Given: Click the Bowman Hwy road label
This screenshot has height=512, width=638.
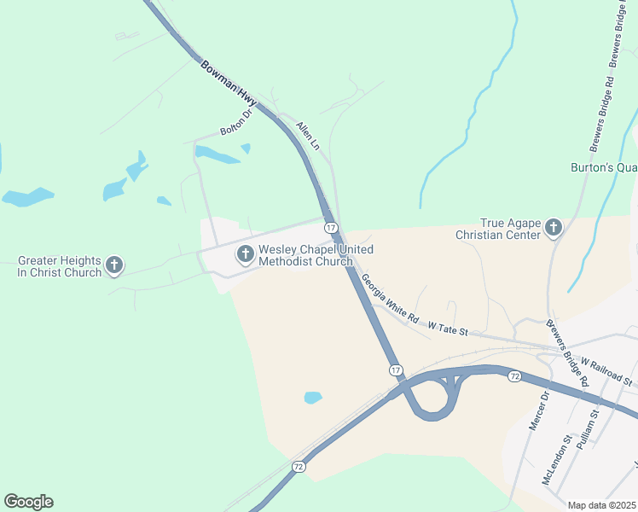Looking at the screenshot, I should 228,83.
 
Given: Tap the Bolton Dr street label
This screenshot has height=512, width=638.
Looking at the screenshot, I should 237,122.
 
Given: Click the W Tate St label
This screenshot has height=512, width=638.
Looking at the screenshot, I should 449,327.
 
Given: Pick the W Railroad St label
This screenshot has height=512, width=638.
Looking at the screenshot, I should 606,371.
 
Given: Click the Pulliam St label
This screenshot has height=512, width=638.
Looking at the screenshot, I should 589,430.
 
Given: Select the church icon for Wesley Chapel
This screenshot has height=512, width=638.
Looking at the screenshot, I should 245,253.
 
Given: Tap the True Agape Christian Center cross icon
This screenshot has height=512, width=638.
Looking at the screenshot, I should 554,227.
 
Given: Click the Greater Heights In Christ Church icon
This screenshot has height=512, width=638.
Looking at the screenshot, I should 114,265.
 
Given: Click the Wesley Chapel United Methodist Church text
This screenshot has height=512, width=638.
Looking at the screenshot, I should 305,255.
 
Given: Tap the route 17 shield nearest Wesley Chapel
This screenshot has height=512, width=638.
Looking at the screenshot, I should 330,228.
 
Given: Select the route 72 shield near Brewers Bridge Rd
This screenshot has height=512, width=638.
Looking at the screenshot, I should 514,375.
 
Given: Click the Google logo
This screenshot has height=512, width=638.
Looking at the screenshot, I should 28,502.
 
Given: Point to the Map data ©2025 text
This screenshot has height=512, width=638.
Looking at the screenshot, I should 602,505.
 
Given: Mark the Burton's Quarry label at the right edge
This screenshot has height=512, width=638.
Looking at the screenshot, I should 604,168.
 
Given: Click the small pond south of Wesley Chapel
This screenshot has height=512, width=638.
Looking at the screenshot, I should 313,398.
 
